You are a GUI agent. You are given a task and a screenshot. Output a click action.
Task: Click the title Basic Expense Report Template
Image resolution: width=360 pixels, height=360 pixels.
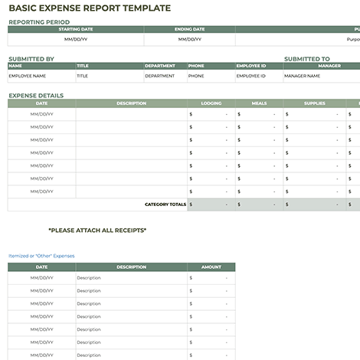[90, 8]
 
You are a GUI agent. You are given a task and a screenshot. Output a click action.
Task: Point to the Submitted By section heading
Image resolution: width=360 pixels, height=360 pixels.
[31, 58]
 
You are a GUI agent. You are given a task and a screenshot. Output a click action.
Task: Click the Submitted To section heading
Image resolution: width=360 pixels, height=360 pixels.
[306, 58]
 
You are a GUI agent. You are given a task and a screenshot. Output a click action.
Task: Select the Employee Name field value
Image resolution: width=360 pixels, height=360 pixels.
[28, 76]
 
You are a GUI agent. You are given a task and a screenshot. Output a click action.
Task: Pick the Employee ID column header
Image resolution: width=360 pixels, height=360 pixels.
[250, 66]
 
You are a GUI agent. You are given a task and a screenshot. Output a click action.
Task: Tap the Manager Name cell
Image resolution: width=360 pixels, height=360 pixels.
[302, 76]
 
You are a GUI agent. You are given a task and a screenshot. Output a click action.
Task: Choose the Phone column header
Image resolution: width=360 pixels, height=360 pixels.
[196, 66]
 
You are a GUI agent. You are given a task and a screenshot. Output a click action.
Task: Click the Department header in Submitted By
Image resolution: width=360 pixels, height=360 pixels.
[160, 66]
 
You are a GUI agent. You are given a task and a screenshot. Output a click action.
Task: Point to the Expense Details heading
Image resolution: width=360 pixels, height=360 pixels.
[36, 96]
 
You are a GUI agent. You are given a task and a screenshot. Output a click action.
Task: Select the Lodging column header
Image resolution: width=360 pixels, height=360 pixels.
[211, 103]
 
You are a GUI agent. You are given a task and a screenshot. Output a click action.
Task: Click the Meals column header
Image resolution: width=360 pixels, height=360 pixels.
[259, 103]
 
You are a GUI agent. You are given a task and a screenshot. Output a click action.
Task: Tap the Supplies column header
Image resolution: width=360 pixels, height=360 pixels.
[314, 103]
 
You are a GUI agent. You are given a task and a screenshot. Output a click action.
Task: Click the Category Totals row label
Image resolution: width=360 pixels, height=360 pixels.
[165, 205]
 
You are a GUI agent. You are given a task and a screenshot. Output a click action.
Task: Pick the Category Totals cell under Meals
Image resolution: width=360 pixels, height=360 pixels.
[258, 205]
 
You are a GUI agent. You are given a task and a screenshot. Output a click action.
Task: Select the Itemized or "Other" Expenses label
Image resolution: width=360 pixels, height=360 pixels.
[41, 256]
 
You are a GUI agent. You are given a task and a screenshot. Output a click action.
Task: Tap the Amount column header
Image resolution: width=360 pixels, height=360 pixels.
[211, 267]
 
